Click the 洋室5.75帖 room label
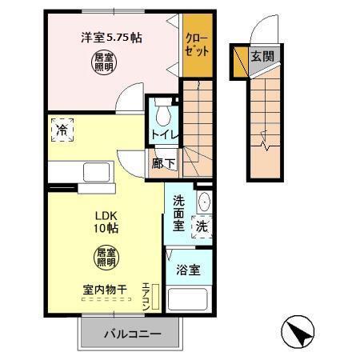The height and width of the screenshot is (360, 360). click(x=111, y=37)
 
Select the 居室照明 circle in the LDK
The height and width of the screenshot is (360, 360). click(x=106, y=258)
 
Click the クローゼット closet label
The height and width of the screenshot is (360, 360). click(x=197, y=44)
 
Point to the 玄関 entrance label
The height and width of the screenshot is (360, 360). click(x=261, y=57)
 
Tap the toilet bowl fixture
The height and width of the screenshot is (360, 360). click(x=164, y=111)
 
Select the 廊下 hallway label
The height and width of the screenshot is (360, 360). click(x=159, y=162)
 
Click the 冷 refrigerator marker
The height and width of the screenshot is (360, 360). click(x=62, y=127)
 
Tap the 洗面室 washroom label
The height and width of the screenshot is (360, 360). click(x=179, y=213)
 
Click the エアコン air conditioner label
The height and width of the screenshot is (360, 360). click(x=146, y=296)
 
